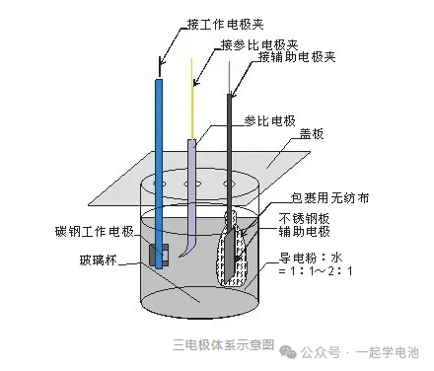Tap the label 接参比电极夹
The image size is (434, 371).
[258, 43]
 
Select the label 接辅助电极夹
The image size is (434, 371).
[298, 57]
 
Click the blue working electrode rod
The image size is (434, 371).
[159, 148]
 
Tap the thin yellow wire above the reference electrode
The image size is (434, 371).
[192, 99]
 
